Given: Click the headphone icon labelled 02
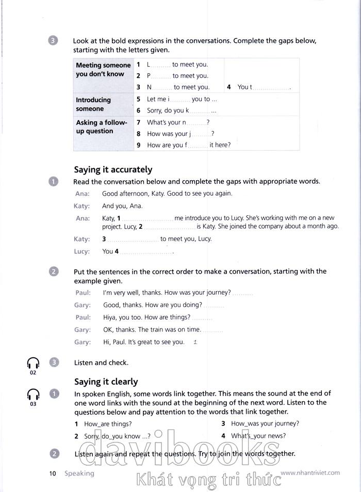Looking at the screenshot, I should [33, 363].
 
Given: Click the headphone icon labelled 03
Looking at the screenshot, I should [33, 395].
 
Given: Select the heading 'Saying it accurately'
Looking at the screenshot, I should [113, 169].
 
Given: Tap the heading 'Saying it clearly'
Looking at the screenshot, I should [106, 382].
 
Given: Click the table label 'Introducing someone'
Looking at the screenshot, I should [93, 104].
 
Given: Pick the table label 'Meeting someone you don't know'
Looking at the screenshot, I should [103, 70].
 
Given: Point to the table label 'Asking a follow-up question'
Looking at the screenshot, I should [102, 127].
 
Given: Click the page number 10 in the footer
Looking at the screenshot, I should [52, 473].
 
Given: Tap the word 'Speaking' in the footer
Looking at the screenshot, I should [79, 473].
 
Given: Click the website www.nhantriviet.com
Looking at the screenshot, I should [310, 472].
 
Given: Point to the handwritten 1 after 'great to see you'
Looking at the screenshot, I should [194, 342].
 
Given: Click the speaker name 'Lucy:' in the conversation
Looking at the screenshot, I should [81, 251].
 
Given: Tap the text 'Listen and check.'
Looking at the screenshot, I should [101, 363].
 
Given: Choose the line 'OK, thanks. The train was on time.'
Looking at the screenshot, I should [152, 329].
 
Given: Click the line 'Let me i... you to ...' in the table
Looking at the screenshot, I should [182, 99].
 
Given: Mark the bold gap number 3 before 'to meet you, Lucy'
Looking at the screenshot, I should [104, 239].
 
